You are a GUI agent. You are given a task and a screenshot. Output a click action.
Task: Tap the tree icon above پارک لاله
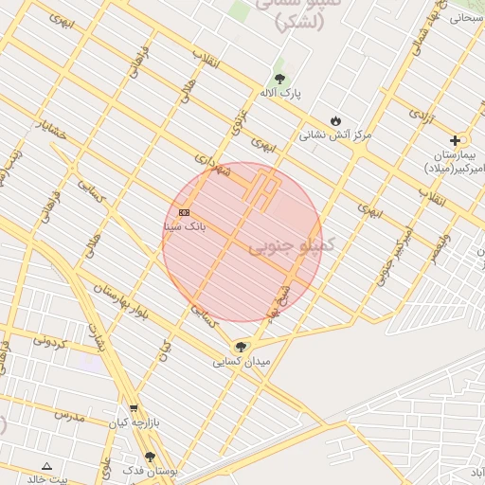279,79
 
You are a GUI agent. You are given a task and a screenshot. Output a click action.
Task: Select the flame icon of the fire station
335,120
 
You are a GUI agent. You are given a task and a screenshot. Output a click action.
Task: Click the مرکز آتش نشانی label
335,135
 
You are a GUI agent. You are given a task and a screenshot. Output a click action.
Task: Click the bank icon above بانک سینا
184,212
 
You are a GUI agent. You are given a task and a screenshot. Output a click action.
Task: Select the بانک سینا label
184,226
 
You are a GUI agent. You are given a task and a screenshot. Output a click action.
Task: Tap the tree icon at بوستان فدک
150,457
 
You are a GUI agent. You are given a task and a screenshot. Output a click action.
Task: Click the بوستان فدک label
150,470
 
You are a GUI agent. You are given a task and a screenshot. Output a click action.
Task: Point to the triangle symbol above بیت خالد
46,465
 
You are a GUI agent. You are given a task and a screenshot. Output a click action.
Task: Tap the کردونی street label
49,339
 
